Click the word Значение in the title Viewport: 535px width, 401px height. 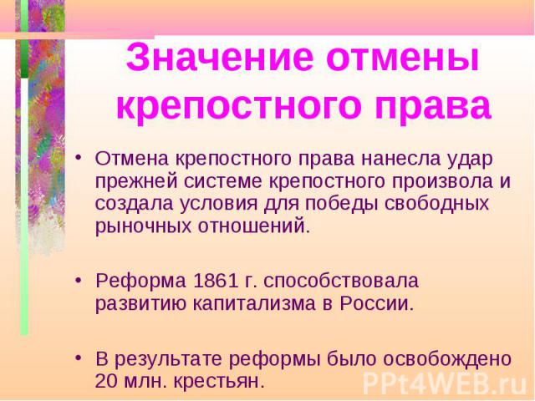tap(220, 57)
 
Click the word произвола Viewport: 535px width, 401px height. tap(442, 182)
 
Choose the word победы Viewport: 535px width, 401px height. tap(342, 204)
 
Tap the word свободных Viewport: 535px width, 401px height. tap(437, 204)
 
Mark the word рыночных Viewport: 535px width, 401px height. tap(143, 226)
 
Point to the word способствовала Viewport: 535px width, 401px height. tap(341, 282)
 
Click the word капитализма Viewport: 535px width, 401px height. tap(254, 303)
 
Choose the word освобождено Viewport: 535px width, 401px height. tap(420, 359)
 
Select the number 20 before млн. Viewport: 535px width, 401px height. tap(107, 381)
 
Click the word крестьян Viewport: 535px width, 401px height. tap(219, 381)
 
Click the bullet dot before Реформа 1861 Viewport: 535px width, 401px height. tap(79, 281)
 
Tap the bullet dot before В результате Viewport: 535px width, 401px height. tap(79, 358)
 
